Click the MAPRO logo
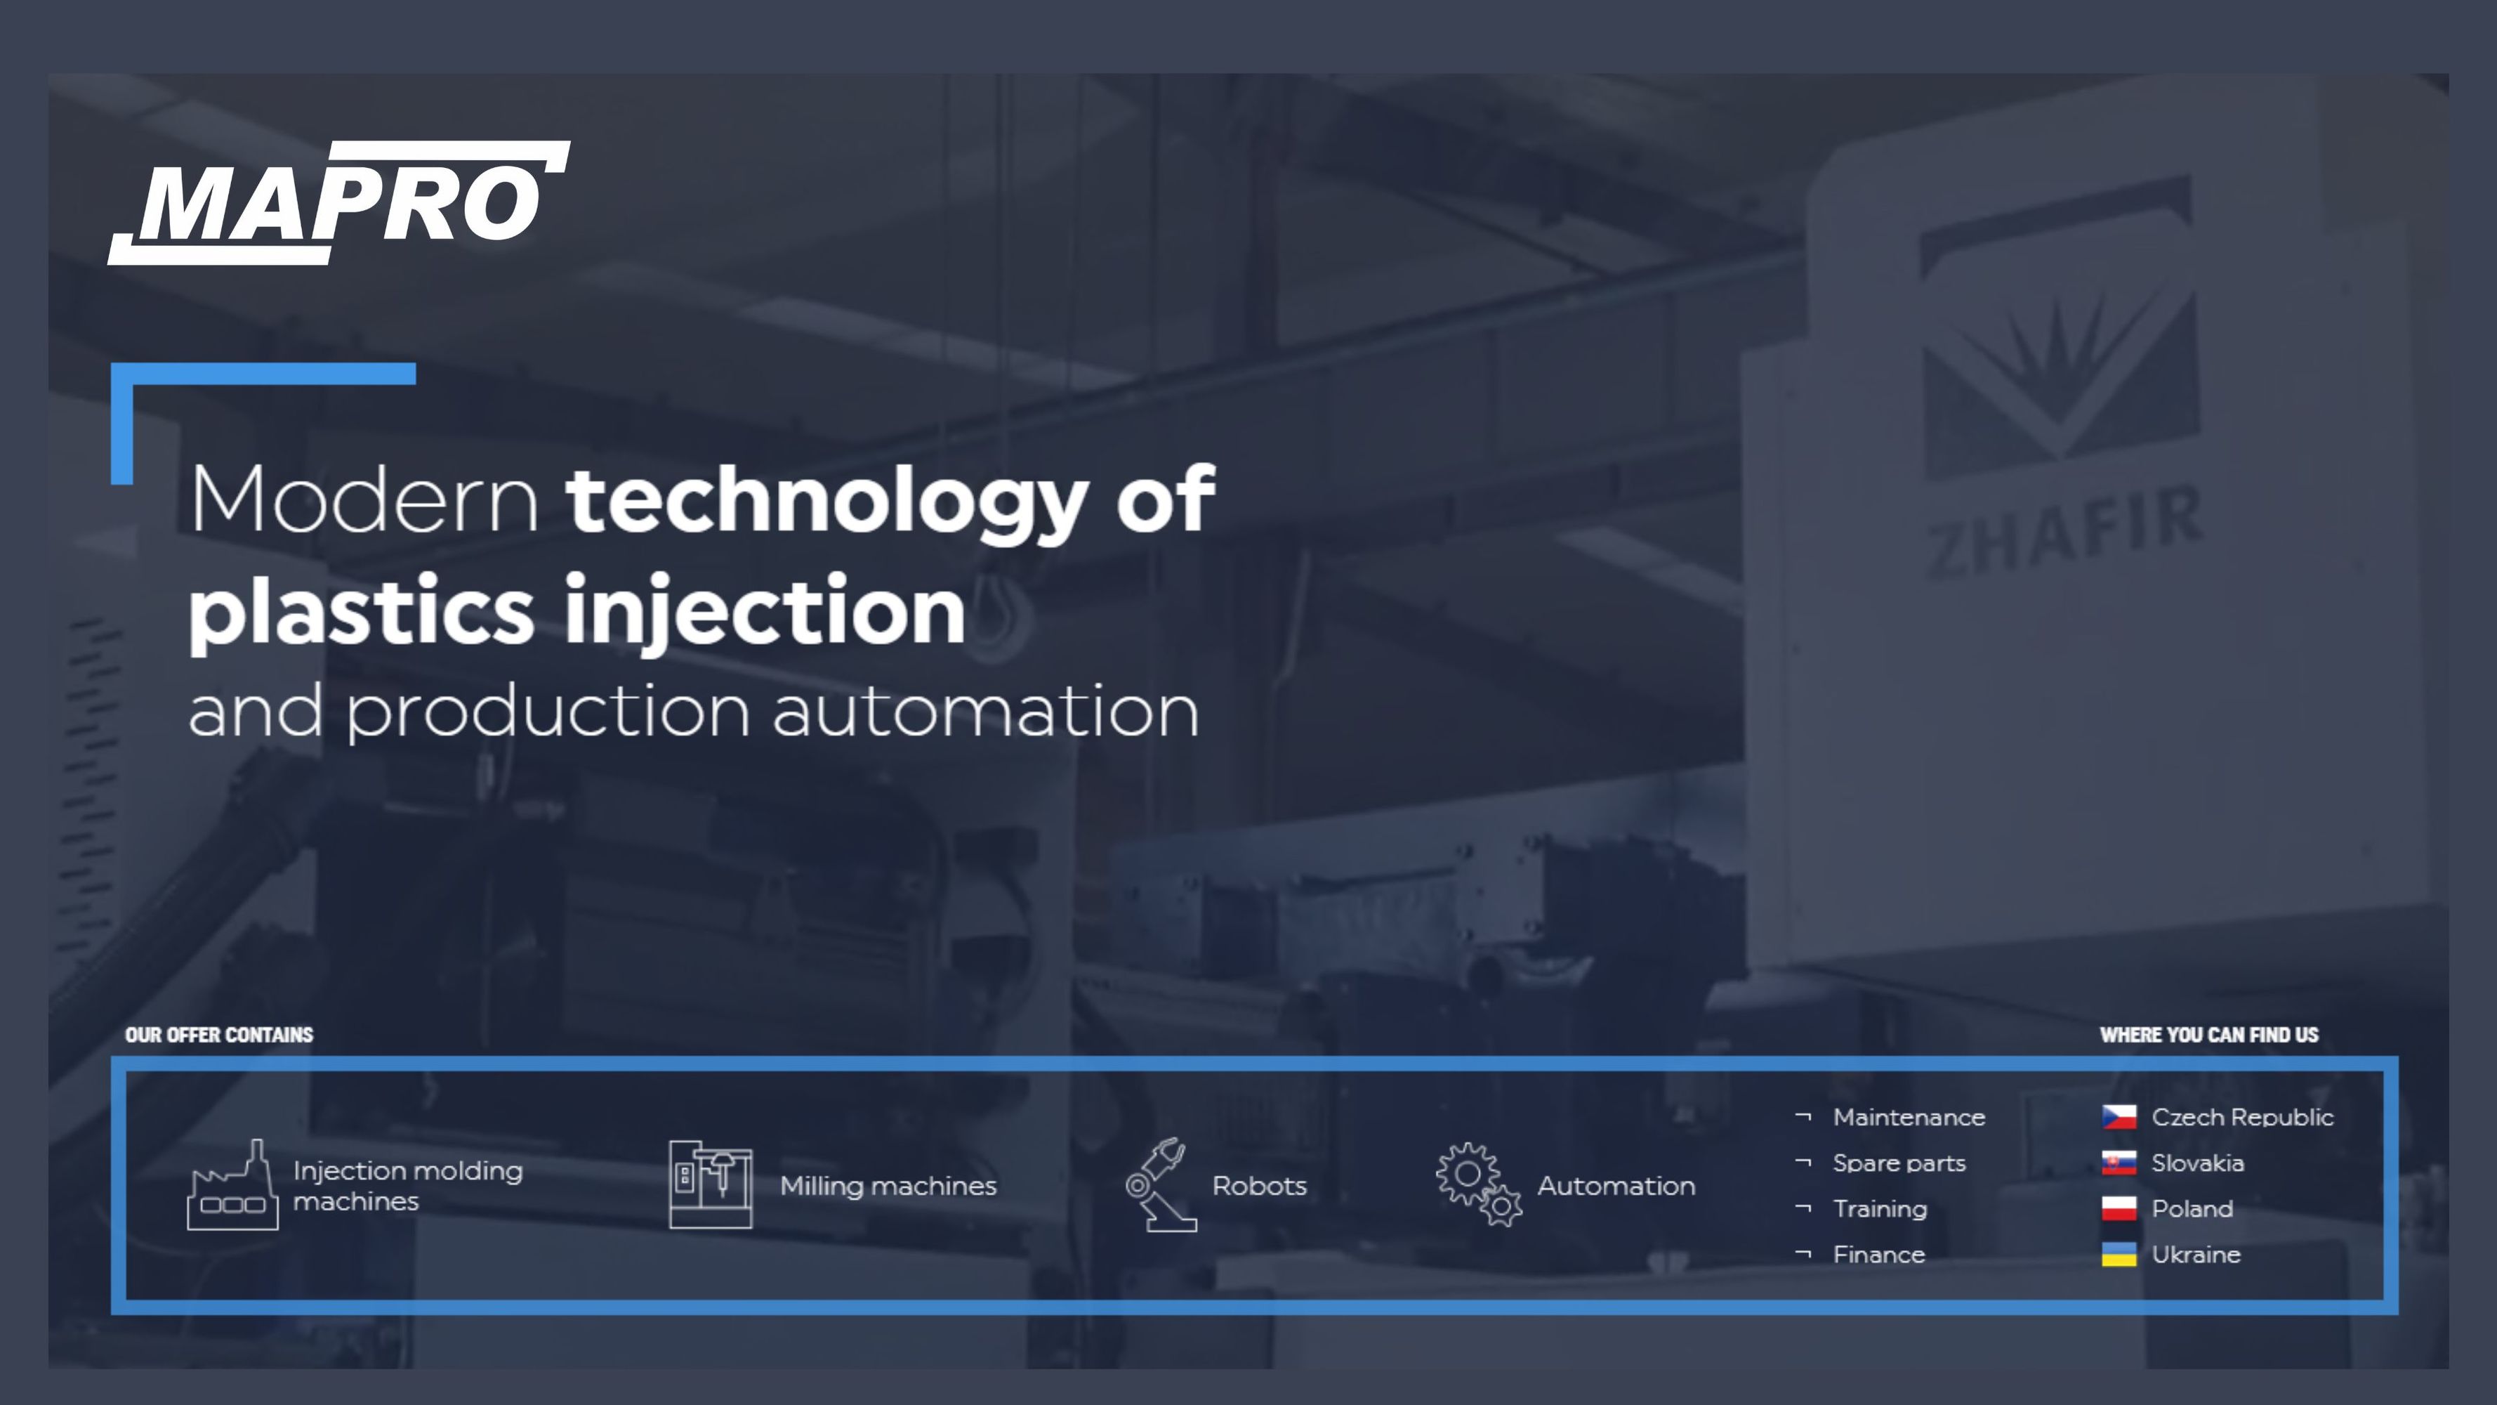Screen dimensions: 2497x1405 (339, 202)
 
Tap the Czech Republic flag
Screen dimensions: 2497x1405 (2119, 1117)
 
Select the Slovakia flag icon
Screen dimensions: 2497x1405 (2119, 1163)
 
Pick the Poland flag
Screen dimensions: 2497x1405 (2119, 1208)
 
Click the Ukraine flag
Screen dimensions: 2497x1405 (2119, 1254)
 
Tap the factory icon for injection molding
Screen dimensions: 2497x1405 (232, 1185)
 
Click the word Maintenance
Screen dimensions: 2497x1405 (1909, 1117)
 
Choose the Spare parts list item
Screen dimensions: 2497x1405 (1899, 1163)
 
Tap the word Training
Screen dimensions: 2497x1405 (1880, 1209)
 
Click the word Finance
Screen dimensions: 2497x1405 (1878, 1255)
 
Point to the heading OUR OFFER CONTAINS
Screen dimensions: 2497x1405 (219, 1035)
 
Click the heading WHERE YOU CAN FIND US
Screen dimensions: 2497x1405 (2209, 1035)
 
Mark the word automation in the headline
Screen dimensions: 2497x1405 (986, 711)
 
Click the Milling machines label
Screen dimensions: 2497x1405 (888, 1186)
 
